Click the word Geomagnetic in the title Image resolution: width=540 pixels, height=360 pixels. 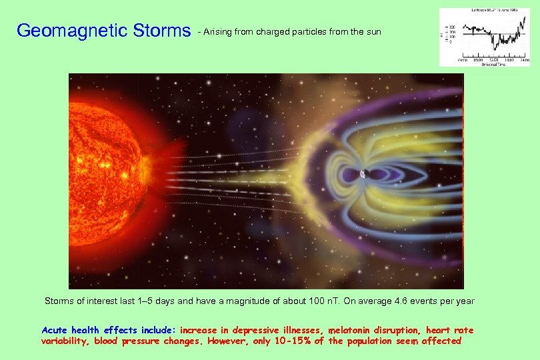63,31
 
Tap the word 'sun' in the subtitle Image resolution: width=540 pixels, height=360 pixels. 373,31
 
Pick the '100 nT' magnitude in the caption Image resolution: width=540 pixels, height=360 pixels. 324,301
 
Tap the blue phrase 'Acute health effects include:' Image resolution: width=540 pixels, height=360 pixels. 109,330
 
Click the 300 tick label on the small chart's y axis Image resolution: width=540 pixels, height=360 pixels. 451,27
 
